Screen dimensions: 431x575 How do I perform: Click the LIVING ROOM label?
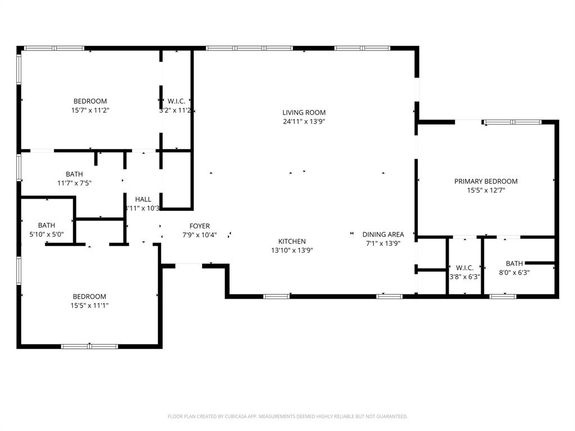(x=304, y=112)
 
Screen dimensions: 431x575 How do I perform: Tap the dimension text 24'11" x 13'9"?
(x=304, y=121)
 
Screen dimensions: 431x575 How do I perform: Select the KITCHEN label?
(x=292, y=241)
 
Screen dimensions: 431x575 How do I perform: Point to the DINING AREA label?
(x=383, y=235)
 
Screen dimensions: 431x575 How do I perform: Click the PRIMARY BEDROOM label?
(x=486, y=181)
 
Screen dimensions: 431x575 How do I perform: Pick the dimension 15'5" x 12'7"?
(x=486, y=190)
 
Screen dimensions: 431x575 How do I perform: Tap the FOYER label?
(x=199, y=226)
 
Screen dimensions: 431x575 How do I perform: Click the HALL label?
(x=143, y=199)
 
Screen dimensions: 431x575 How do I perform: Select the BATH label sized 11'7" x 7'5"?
(x=74, y=174)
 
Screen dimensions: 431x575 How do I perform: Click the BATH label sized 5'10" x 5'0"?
(x=47, y=226)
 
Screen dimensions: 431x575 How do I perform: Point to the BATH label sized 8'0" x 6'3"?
(x=514, y=263)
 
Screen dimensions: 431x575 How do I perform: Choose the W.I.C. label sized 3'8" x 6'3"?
(x=465, y=268)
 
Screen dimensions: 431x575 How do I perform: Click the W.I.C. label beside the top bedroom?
(x=176, y=102)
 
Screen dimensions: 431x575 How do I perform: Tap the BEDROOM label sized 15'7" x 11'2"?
(x=90, y=102)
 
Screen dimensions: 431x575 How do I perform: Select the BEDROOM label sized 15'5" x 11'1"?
(x=89, y=296)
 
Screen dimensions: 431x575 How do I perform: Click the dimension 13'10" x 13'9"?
(x=292, y=250)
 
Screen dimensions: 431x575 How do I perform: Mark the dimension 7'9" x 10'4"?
(x=199, y=235)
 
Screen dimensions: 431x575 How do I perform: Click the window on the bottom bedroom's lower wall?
(x=89, y=346)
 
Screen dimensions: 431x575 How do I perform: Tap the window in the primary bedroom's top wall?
(x=513, y=122)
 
